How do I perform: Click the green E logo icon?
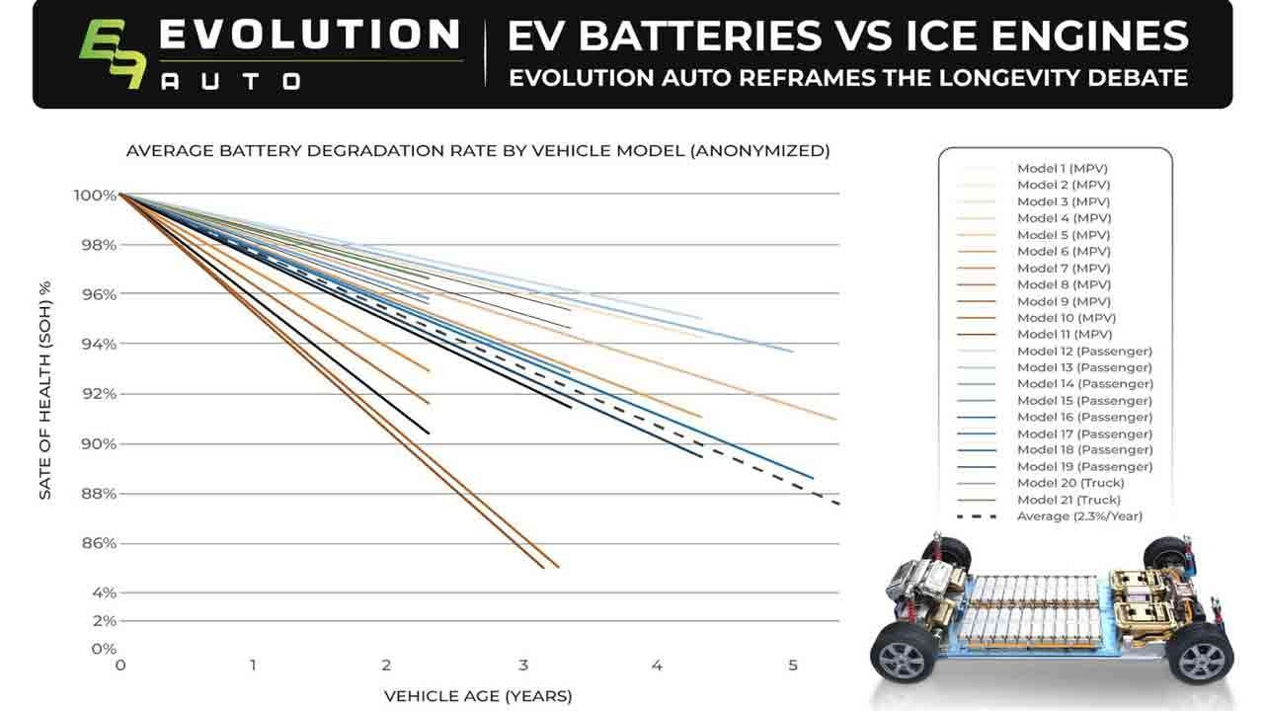click(x=111, y=55)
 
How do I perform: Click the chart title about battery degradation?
click(x=477, y=151)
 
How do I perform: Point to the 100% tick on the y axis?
click(x=95, y=195)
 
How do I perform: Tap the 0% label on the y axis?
click(x=103, y=649)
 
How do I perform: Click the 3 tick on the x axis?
click(x=522, y=666)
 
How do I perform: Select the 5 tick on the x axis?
click(x=792, y=666)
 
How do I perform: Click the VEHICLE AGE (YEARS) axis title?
click(x=477, y=696)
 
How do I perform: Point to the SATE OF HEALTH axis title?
click(x=45, y=390)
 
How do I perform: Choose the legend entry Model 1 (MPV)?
click(x=1063, y=169)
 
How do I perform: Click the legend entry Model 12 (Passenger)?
click(x=1083, y=351)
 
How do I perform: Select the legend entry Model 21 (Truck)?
click(x=1069, y=500)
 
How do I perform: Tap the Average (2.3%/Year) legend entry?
click(x=1078, y=516)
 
